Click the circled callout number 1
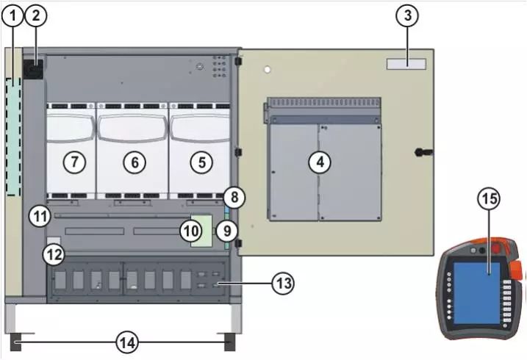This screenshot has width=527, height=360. coord(12,15)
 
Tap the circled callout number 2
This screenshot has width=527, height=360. coord(35,15)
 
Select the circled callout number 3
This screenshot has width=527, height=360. coord(407,15)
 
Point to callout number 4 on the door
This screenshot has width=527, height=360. coord(320,162)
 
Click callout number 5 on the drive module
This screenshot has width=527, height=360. coord(201,162)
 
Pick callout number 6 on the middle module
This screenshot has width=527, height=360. coord(135,162)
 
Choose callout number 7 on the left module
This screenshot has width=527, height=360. coord(74,162)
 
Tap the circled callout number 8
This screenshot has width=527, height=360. coord(234,197)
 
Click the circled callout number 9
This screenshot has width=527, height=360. coord(227,231)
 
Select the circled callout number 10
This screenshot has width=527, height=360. coord(191,231)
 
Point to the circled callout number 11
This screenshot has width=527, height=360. coord(40,216)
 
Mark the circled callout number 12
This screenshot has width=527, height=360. coord(54,255)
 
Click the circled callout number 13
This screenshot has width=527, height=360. coord(283,284)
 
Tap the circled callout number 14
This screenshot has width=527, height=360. coord(127,343)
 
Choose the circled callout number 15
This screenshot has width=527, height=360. coord(490,198)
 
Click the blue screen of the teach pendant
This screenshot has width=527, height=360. coord(476,293)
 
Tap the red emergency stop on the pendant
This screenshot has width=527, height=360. coord(496,249)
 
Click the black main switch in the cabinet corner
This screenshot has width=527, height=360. coord(33,69)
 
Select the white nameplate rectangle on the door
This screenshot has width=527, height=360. coord(406,64)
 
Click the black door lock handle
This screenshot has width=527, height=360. coord(424,152)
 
